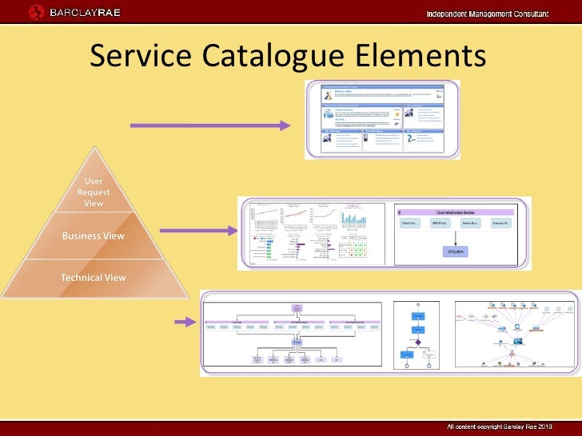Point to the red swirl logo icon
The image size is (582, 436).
[x=37, y=12]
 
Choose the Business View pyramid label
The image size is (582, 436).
[x=93, y=236]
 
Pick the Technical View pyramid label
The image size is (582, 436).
[x=93, y=278]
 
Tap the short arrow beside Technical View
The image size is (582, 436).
[x=186, y=322]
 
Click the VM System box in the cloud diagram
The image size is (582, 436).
[x=456, y=252]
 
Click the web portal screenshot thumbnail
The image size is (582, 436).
[x=382, y=120]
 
